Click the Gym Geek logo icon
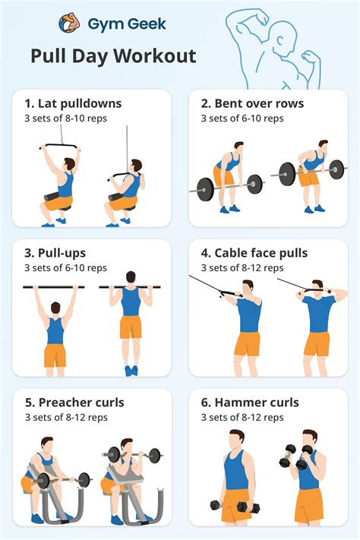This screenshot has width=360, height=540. [70, 24]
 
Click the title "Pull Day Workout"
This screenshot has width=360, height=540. [113, 56]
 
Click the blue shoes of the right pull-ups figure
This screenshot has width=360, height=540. [131, 370]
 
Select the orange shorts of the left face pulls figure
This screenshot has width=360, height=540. [247, 343]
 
